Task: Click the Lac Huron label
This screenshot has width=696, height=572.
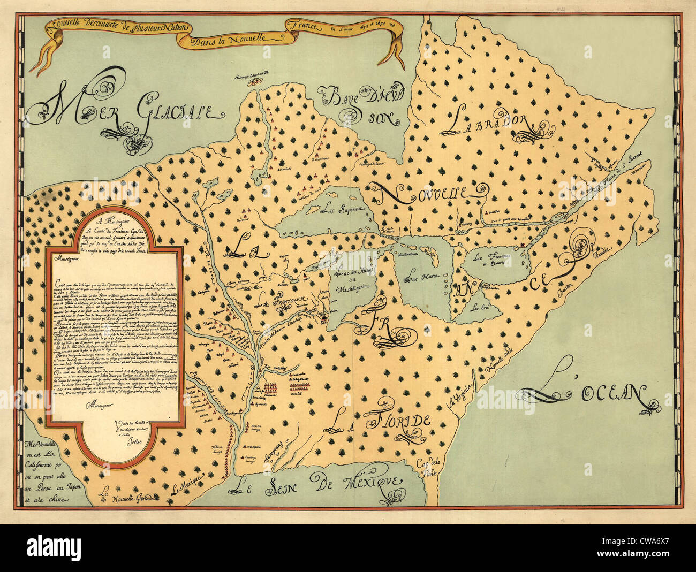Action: coord(420,277)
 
